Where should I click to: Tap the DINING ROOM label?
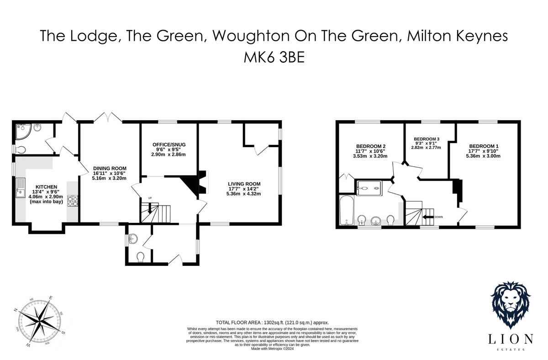pyautogui.click(x=109, y=168)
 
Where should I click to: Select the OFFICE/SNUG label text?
pyautogui.click(x=169, y=145)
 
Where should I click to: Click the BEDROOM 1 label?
pyautogui.click(x=483, y=146)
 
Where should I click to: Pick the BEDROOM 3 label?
pyautogui.click(x=427, y=139)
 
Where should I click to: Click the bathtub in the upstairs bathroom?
pyautogui.click(x=345, y=211)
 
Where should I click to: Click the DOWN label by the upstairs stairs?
pyautogui.click(x=438, y=217)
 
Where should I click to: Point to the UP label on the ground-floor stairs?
pyautogui.click(x=149, y=198)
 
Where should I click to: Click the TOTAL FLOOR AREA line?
pyautogui.click(x=272, y=322)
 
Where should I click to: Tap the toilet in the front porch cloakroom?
pyautogui.click(x=141, y=257)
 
